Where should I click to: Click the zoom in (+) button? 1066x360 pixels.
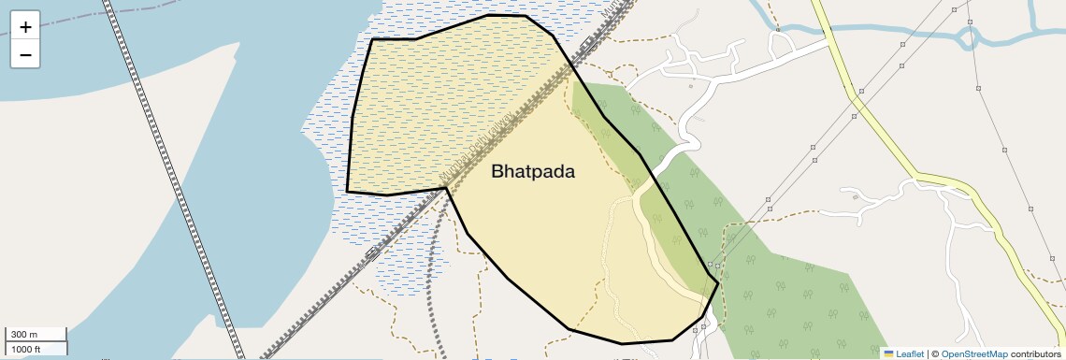pos(25,26)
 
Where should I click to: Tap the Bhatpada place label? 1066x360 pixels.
pos(532,172)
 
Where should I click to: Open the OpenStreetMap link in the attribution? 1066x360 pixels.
pos(973,353)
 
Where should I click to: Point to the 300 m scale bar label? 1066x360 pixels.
pos(24,335)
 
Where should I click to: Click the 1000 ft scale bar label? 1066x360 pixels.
pos(26,349)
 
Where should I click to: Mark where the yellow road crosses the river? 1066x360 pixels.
pos(828,30)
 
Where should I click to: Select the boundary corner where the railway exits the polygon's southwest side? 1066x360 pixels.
pos(446,188)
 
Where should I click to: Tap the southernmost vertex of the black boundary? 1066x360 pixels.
pos(622,343)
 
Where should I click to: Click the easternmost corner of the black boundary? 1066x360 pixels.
pos(718,281)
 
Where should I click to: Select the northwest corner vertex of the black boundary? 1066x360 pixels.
pos(372,39)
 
